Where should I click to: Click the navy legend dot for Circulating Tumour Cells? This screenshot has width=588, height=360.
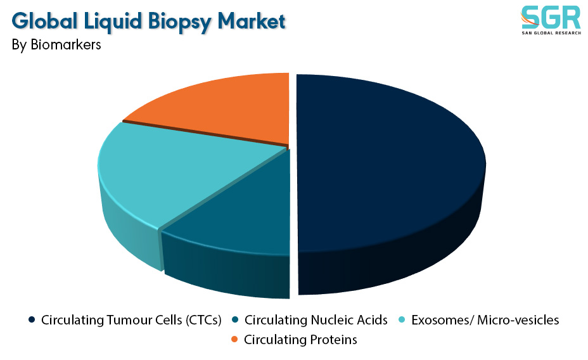(x=32, y=320)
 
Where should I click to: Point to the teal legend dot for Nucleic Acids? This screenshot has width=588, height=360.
(x=236, y=320)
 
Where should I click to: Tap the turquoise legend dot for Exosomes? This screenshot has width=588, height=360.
(x=402, y=320)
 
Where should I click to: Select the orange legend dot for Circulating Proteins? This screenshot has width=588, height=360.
(x=234, y=339)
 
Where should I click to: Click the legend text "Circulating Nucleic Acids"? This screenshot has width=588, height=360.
(x=316, y=320)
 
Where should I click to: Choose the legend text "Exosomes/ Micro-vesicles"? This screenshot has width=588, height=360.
(x=485, y=320)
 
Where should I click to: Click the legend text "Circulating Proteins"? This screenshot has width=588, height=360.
(x=300, y=339)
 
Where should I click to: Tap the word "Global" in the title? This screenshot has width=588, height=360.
(x=44, y=21)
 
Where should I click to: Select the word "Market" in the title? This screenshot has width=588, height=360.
(x=252, y=21)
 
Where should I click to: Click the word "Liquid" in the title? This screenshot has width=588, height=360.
(x=113, y=22)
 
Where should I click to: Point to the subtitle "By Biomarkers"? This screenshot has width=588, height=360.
(x=56, y=44)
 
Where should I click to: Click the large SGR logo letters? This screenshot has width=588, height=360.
(x=551, y=17)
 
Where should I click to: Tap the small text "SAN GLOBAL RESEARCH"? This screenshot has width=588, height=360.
(x=551, y=33)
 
